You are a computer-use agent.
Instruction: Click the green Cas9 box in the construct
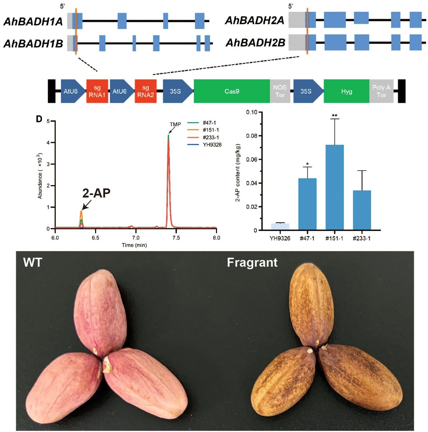(x=231, y=91)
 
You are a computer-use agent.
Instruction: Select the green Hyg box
(x=346, y=91)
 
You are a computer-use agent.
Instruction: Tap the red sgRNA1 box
(x=97, y=91)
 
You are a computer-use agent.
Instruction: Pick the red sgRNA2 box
(x=145, y=91)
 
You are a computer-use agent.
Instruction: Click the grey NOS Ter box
(x=280, y=91)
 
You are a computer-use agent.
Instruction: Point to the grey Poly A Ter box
(x=381, y=91)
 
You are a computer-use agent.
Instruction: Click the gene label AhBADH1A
(x=33, y=22)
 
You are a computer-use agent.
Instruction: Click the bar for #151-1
(x=334, y=187)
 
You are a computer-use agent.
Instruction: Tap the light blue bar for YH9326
(x=280, y=227)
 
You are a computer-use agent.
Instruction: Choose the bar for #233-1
(x=362, y=210)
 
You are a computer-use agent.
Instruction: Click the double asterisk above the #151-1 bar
(x=334, y=116)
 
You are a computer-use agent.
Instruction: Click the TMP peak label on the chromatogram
(x=175, y=125)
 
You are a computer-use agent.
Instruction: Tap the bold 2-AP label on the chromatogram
(x=96, y=193)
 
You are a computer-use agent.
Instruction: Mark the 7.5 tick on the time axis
(x=176, y=238)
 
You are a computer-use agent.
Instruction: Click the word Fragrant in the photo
(x=252, y=262)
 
